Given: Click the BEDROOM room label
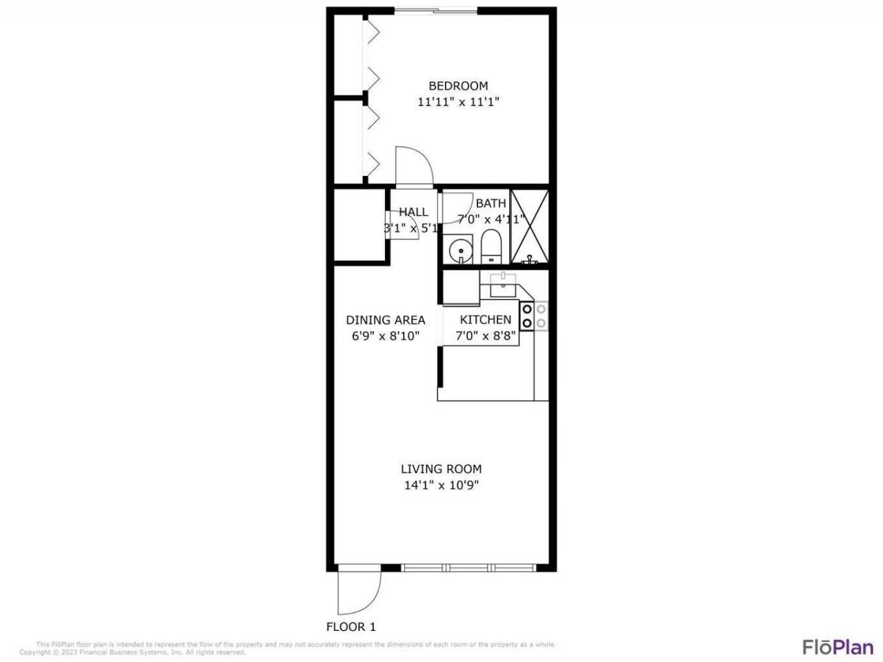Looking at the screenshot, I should click(x=458, y=86).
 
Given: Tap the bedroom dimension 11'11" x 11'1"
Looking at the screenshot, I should click(x=458, y=102).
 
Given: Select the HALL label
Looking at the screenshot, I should click(x=413, y=212).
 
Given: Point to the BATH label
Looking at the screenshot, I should click(x=490, y=203).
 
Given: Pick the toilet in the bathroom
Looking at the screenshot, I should click(x=490, y=247).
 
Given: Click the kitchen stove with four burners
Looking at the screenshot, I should click(x=534, y=316).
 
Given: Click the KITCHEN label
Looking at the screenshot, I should click(x=486, y=320).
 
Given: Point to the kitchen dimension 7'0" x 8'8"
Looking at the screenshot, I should click(x=486, y=337).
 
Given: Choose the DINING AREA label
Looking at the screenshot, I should click(x=385, y=320).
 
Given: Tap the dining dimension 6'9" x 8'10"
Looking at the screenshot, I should click(x=385, y=337).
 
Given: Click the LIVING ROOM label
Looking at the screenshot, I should click(x=441, y=469).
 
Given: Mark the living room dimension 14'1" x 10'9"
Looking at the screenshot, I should click(x=441, y=485).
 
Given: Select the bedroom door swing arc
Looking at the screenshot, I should click(x=414, y=165).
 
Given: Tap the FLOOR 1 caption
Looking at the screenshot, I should click(x=351, y=627).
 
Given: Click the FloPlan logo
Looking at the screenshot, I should click(x=837, y=647).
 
